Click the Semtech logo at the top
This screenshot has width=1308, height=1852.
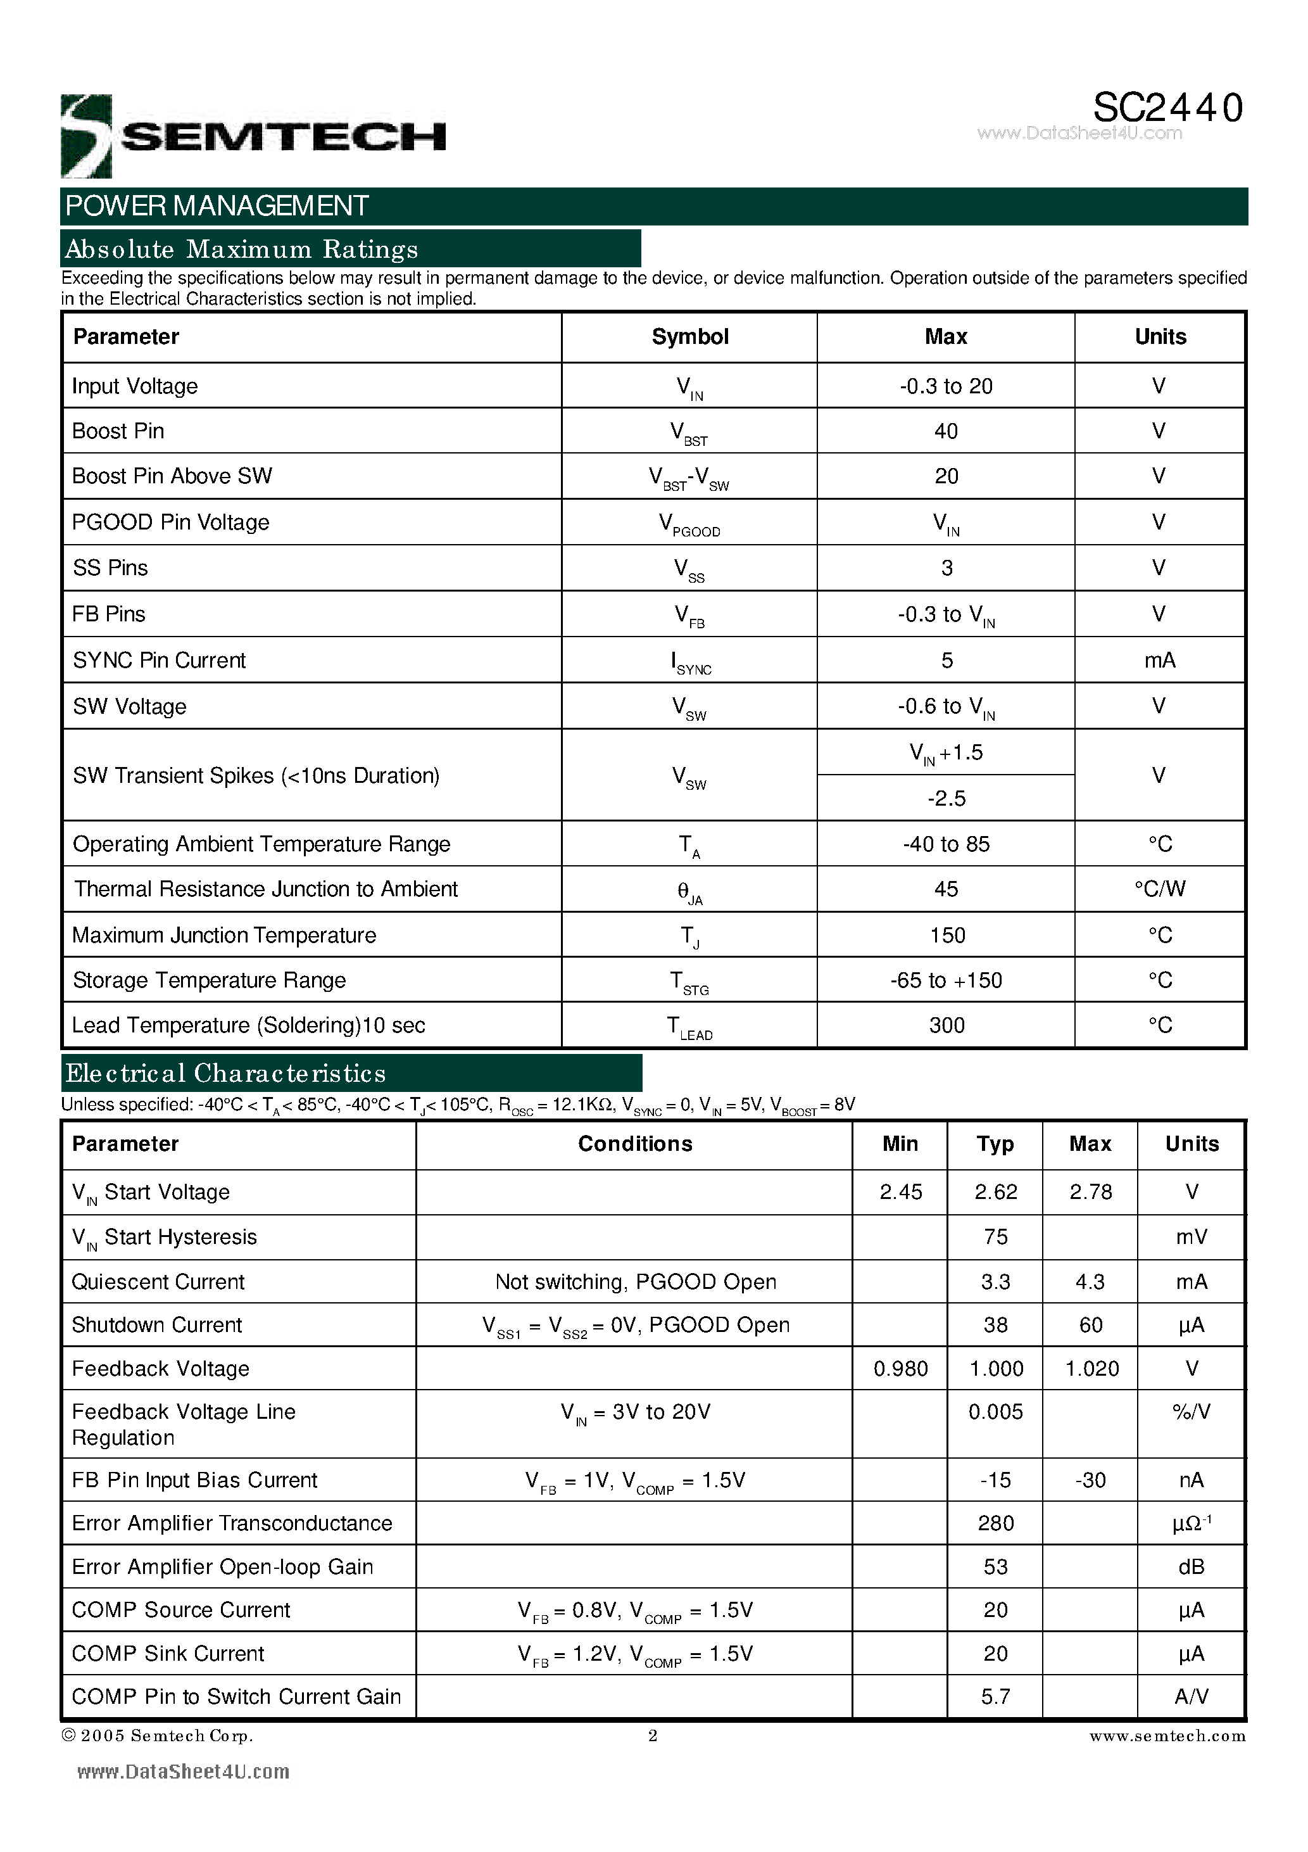coord(253,136)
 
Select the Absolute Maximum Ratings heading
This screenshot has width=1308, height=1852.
coord(241,250)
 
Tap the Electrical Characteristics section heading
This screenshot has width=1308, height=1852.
coord(226,1074)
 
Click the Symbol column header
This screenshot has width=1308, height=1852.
coord(689,337)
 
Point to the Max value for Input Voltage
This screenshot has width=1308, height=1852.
coord(946,386)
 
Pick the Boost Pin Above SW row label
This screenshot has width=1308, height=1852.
coord(172,476)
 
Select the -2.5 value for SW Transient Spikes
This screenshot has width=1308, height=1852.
coord(946,799)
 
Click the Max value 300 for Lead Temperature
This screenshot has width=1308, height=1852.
coord(946,1025)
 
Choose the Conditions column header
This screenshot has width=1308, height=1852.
coord(634,1144)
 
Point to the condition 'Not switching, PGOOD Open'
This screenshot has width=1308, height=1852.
coord(636,1282)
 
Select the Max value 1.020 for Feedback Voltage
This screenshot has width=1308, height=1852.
coord(1091,1369)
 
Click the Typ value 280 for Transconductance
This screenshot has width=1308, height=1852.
coord(996,1523)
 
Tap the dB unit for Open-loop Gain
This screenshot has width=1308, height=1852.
coord(1191,1566)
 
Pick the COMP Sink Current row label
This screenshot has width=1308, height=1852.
coord(168,1654)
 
